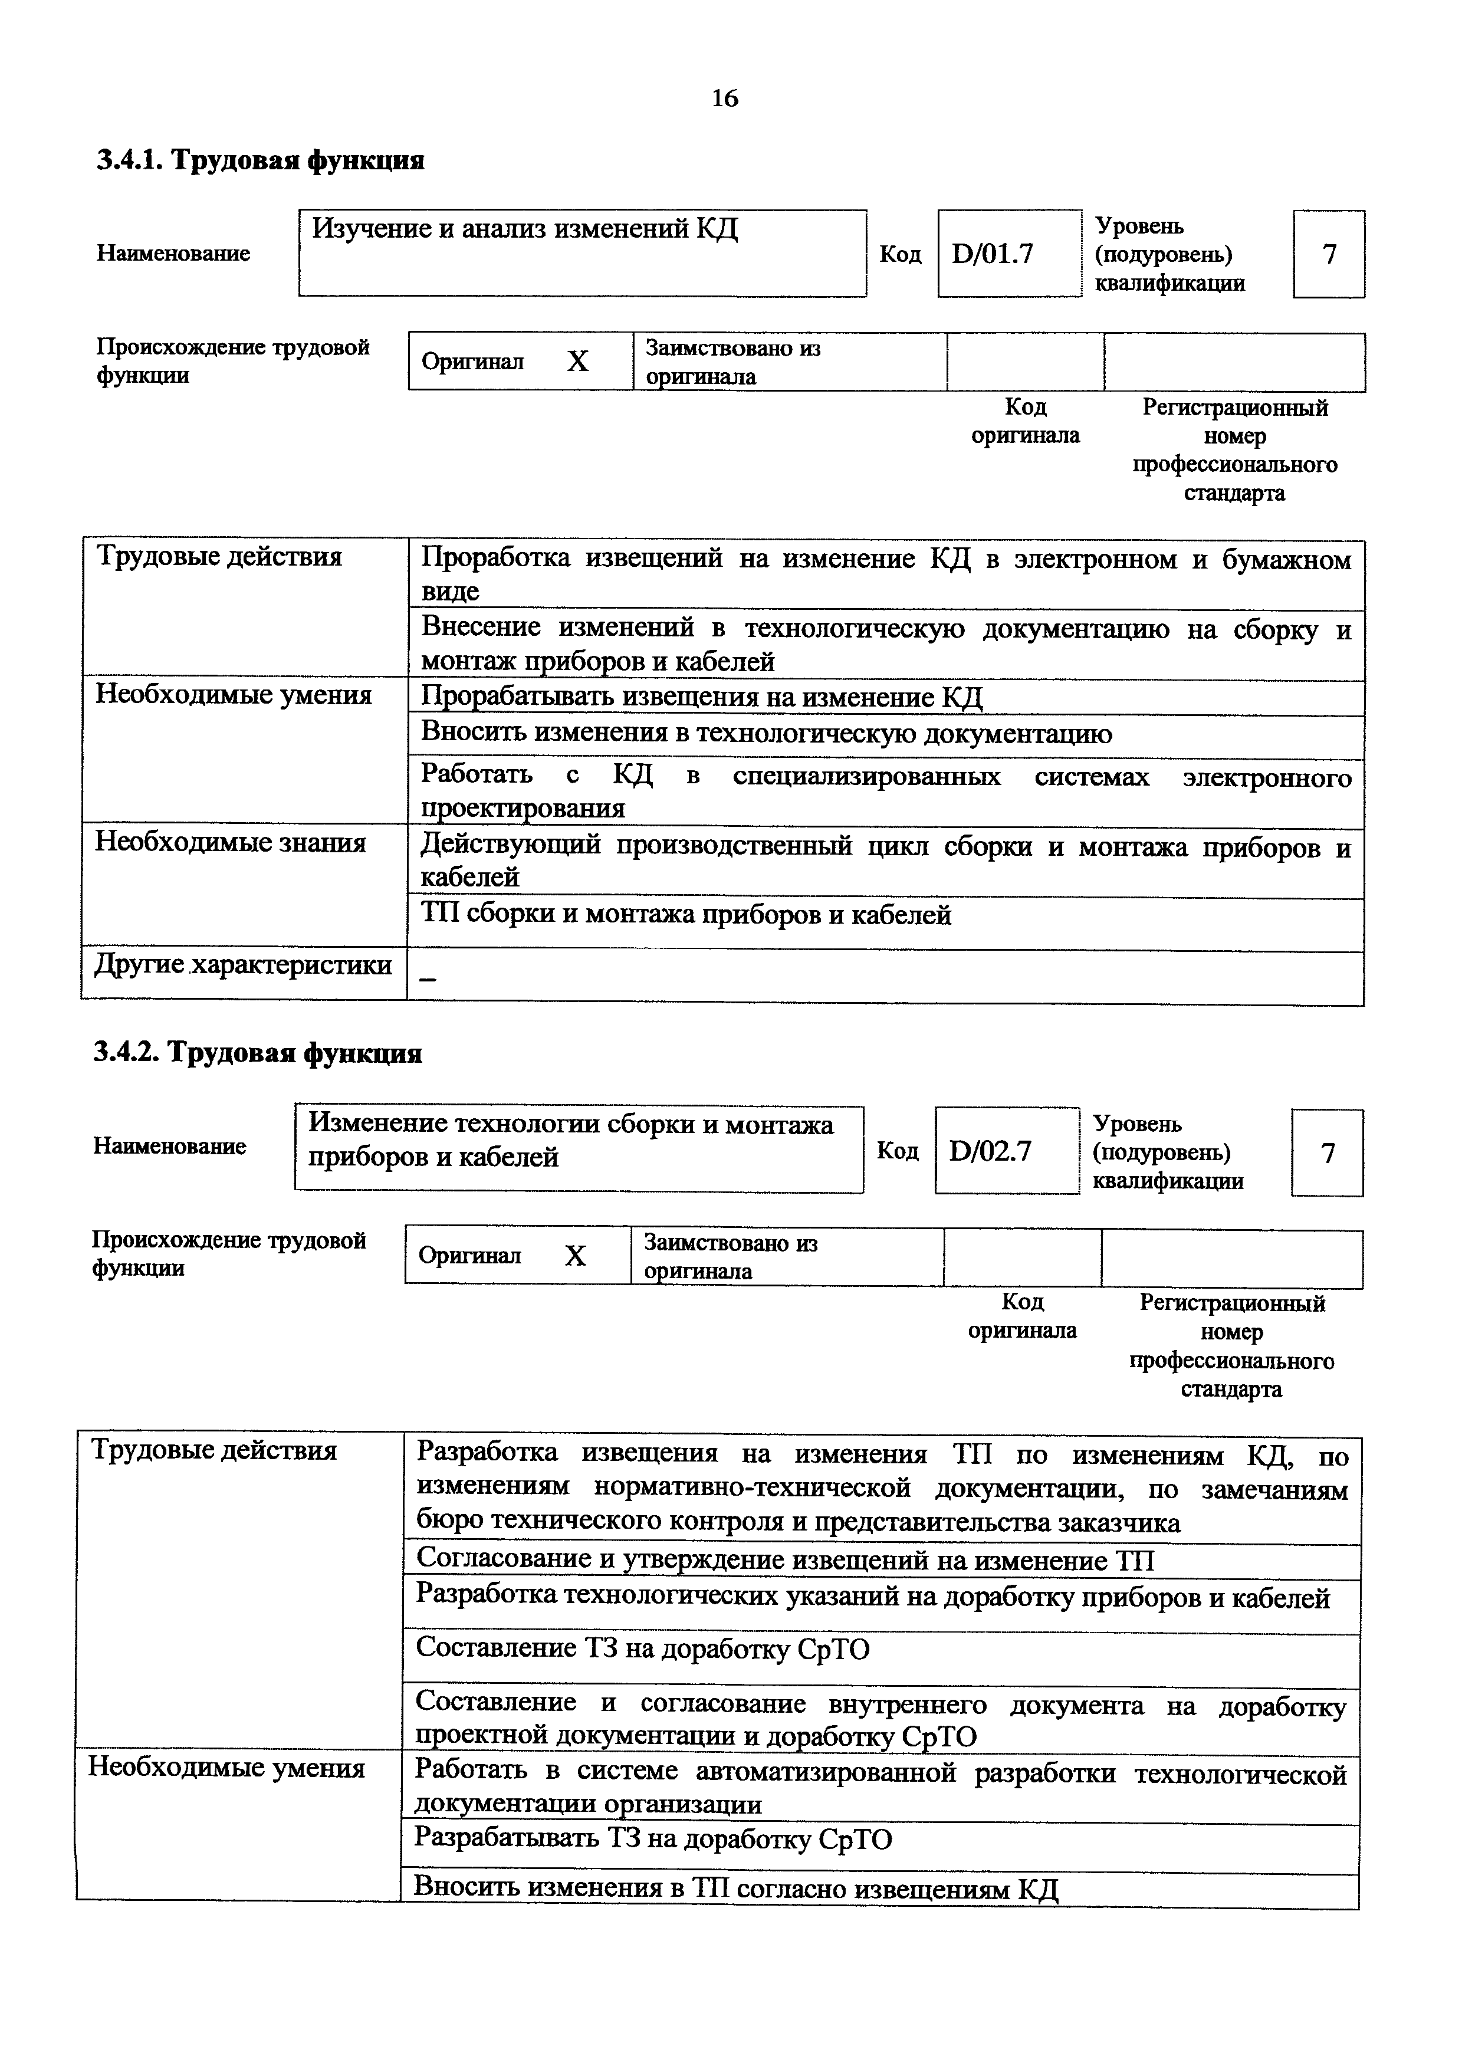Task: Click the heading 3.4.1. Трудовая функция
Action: (260, 160)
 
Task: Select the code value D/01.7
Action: (992, 254)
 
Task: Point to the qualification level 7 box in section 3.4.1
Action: (1329, 254)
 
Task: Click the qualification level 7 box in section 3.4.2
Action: (1327, 1152)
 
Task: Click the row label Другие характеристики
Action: (243, 965)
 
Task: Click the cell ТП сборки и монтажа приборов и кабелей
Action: (686, 915)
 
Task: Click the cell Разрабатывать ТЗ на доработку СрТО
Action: (653, 1838)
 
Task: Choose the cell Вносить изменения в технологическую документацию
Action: (767, 734)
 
